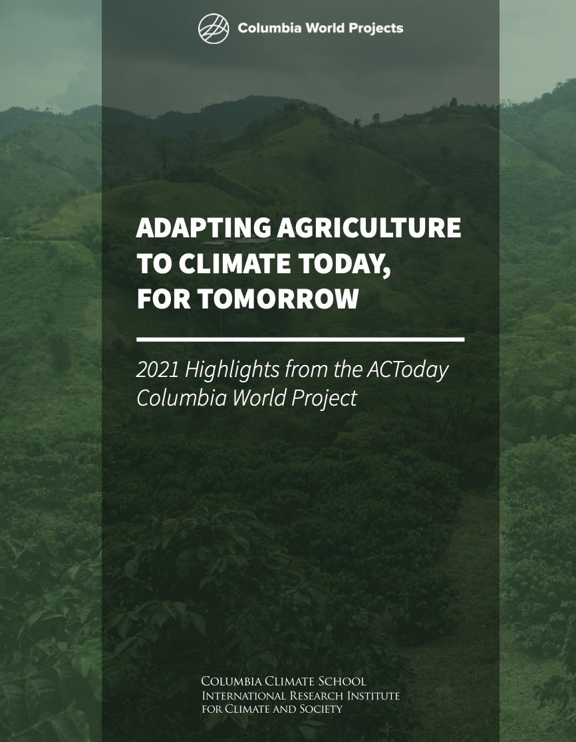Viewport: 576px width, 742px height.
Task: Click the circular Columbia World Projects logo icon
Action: tap(214, 29)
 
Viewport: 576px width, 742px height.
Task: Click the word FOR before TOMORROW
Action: tap(162, 300)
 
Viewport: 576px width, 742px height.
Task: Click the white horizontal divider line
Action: tap(300, 339)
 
